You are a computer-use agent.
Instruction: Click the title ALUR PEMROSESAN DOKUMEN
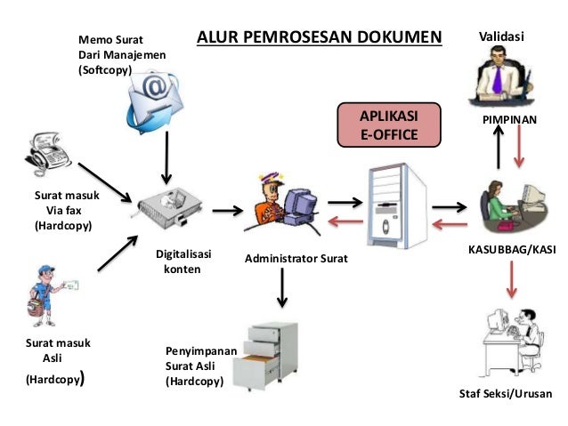coord(319,37)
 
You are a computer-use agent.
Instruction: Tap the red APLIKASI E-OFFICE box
coord(388,125)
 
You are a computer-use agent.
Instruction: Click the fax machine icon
coord(45,152)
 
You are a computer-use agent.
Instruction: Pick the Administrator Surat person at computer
coord(280,203)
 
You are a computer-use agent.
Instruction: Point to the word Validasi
coord(502,36)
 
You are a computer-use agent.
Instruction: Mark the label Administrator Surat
coord(296,259)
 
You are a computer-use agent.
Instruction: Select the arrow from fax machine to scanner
coord(104,181)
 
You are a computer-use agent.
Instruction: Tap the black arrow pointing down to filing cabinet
coord(282,285)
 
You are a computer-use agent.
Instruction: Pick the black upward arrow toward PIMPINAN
coord(499,146)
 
